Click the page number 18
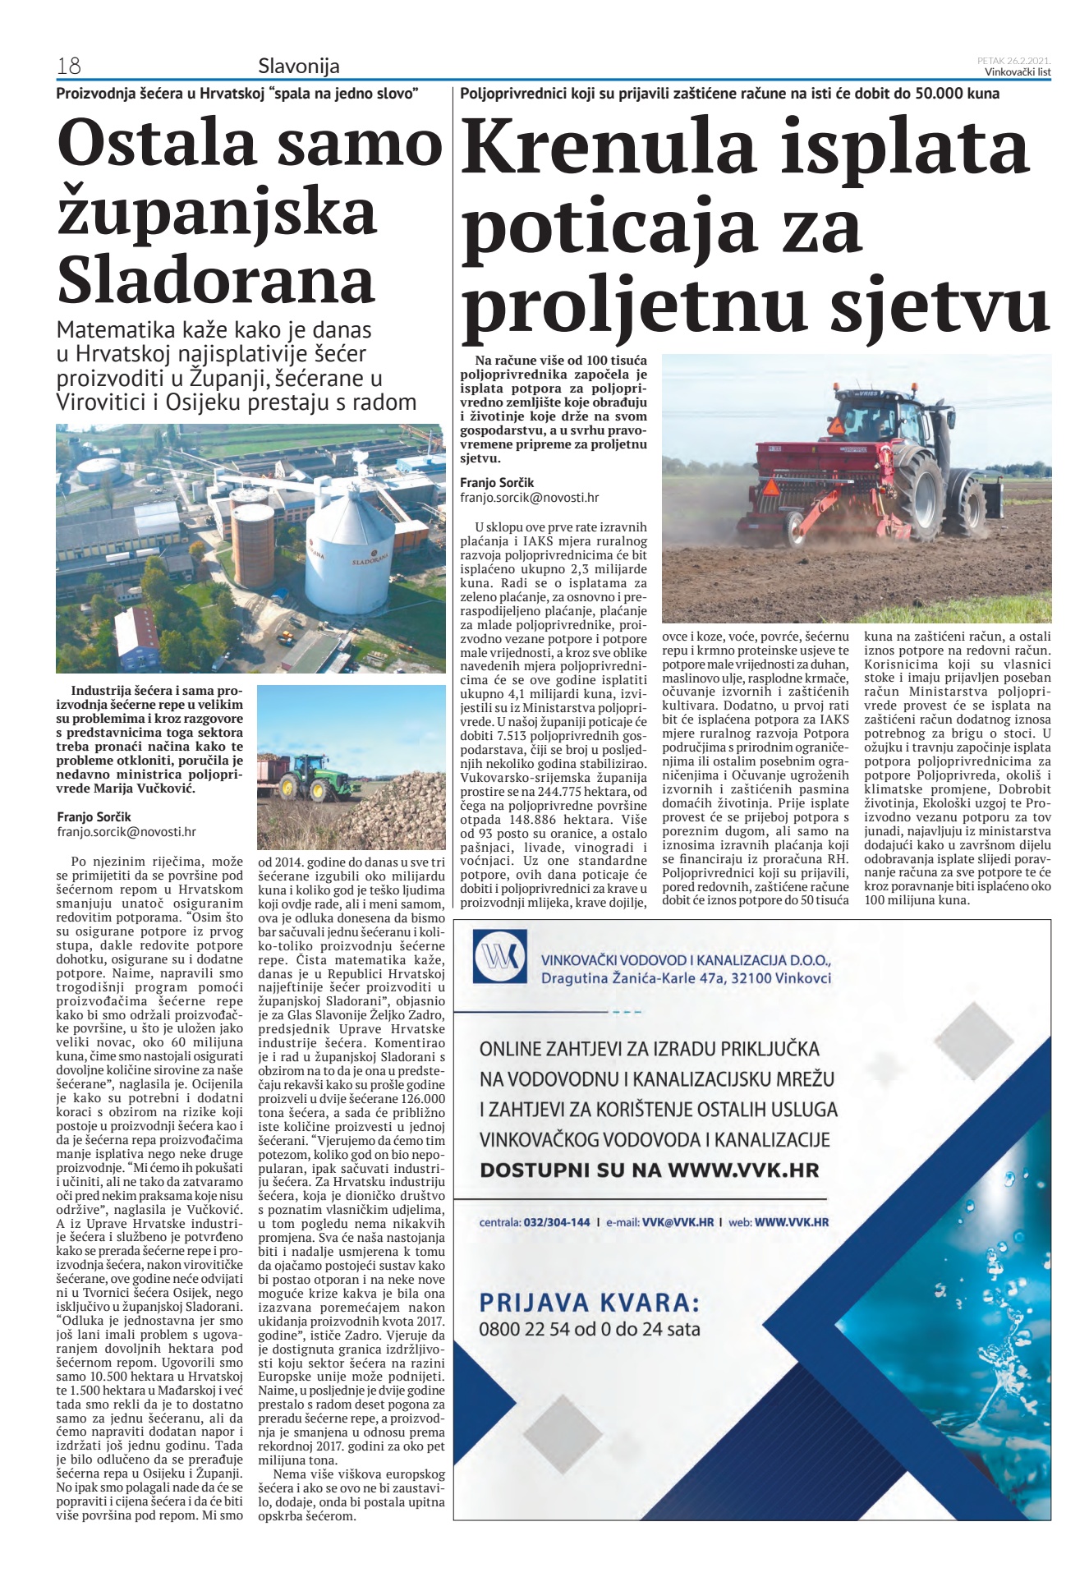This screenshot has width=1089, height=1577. click(68, 66)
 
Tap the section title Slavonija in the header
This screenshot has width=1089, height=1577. click(298, 66)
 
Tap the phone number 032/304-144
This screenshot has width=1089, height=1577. click(556, 1221)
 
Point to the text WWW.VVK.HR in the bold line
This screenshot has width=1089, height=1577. click(743, 1170)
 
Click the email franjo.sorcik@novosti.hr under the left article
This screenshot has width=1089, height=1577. click(126, 831)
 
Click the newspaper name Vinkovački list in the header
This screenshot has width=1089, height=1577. click(1018, 71)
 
